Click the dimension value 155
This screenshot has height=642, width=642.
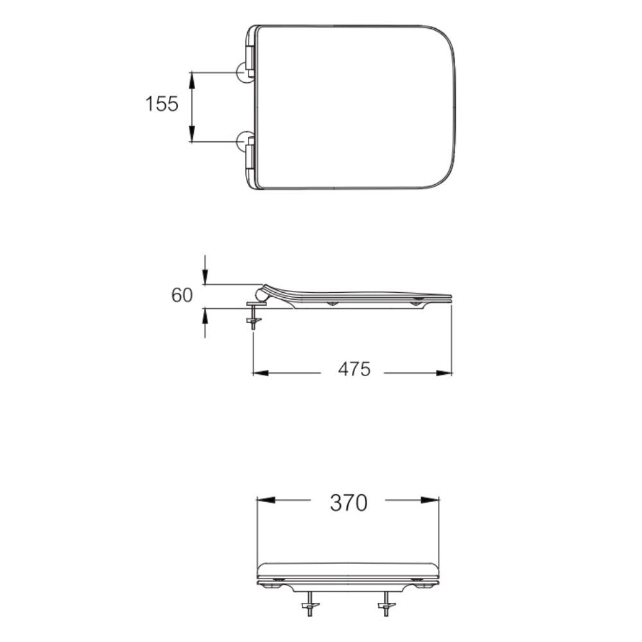(161, 103)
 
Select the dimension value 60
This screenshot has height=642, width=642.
(182, 295)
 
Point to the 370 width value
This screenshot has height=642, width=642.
(349, 503)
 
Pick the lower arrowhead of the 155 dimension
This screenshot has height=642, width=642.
(192, 134)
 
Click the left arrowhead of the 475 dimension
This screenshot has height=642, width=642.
(260, 372)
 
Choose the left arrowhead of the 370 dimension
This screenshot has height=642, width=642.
(265, 500)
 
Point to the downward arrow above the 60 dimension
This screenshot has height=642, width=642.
(205, 277)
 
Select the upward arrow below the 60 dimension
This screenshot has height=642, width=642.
(205, 315)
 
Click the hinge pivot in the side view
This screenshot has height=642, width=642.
(261, 294)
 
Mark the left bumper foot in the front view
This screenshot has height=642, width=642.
(277, 584)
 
